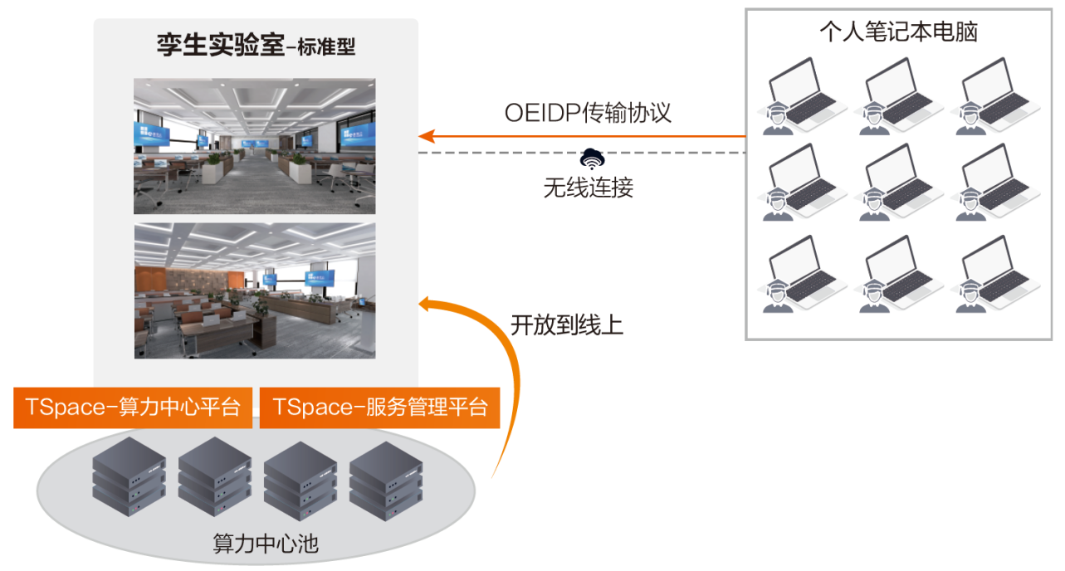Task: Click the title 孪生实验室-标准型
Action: (256, 46)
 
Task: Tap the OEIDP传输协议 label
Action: (587, 113)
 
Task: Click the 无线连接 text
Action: (588, 188)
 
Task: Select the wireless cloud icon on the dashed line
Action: (591, 157)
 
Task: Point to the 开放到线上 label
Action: (566, 326)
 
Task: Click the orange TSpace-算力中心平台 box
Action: (133, 408)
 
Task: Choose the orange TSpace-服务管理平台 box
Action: (379, 408)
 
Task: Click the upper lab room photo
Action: (254, 146)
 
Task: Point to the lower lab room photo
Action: (254, 290)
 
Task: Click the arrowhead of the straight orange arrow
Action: (426, 134)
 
